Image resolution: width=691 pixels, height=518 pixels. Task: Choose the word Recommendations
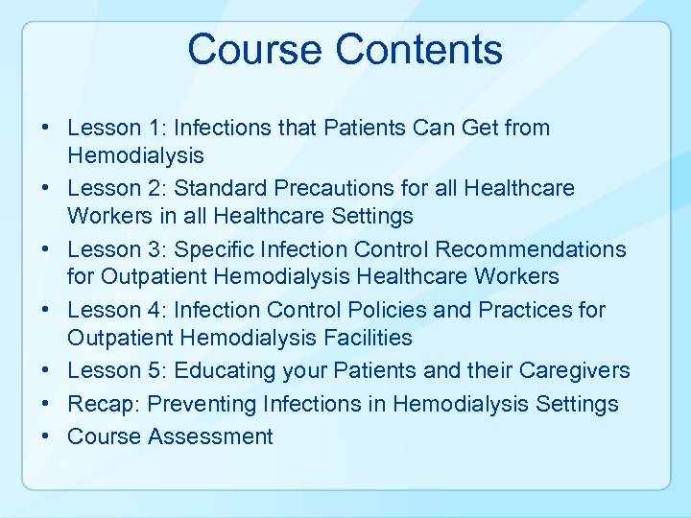[530, 249]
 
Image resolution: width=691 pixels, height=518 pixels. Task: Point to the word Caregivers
[575, 370]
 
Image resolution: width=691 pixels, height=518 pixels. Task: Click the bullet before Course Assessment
[46, 436]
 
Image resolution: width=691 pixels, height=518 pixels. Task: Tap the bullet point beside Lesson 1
[46, 128]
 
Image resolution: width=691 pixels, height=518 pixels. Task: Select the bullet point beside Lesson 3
[46, 249]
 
